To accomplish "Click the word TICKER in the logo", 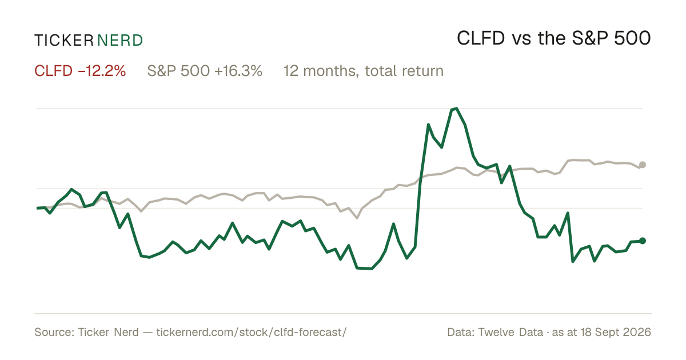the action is (x=63, y=41).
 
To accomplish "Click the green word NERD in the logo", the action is (x=120, y=41).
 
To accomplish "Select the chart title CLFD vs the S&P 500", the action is (x=554, y=38).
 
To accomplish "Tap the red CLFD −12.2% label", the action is (x=80, y=71).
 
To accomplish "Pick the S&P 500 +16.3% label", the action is (x=205, y=71).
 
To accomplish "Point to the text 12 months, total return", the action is (x=363, y=71).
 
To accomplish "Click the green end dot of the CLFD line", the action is (x=643, y=241).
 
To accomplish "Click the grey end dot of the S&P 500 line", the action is (x=643, y=165).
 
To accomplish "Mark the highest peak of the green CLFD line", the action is (x=456, y=109).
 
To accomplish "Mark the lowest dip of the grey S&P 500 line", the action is (x=357, y=218).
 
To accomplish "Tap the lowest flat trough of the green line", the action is (x=365, y=269).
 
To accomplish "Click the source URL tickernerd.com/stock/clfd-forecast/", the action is (x=252, y=332).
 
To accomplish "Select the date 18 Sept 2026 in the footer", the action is (x=616, y=332).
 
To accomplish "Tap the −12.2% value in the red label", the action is (x=102, y=71).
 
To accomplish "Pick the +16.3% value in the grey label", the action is (x=238, y=71).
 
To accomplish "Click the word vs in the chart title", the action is (x=521, y=39).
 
